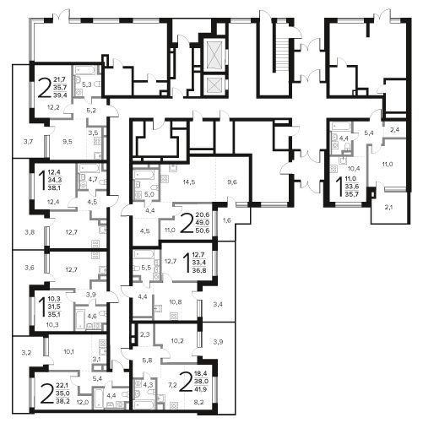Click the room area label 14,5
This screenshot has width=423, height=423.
(188, 182)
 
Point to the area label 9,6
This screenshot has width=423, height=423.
(232, 182)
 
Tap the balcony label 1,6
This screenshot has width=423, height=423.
(227, 220)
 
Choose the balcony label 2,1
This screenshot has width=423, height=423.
(388, 208)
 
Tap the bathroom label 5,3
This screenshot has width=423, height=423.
(87, 84)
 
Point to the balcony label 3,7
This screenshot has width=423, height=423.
(29, 142)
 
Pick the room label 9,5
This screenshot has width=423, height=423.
(68, 141)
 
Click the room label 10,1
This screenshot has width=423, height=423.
(69, 351)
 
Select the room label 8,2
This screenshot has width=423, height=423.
(199, 402)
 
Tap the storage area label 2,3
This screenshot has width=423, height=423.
(144, 335)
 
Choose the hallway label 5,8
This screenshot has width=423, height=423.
(147, 360)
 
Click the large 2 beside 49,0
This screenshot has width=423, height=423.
(187, 223)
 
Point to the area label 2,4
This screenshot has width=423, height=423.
(395, 130)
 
